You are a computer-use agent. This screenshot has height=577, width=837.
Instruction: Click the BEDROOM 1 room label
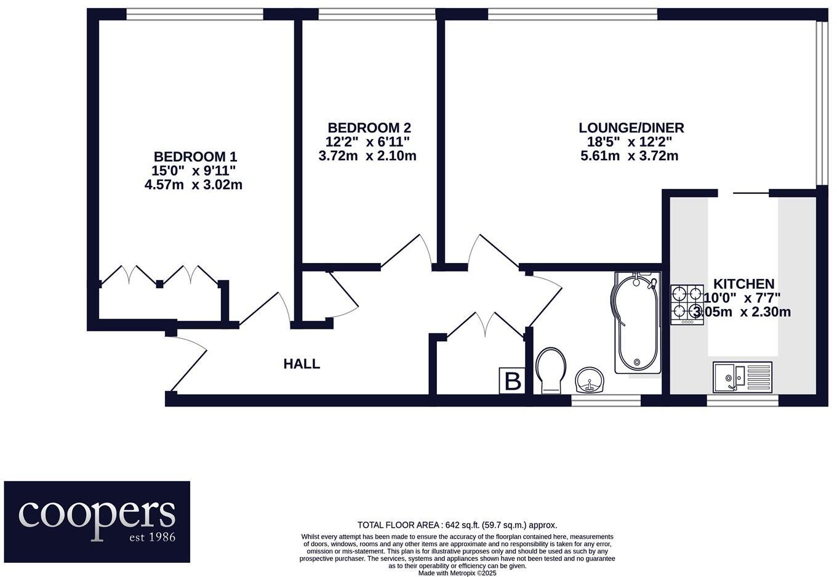195,156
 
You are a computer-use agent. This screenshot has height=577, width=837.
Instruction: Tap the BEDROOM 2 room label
369,127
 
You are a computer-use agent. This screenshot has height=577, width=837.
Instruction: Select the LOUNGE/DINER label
631,127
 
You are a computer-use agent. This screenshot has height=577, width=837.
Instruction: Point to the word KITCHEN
743,284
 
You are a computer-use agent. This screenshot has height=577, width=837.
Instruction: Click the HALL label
302,364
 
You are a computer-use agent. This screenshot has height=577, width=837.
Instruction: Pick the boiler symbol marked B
512,381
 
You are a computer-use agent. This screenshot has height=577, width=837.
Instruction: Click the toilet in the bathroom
551,369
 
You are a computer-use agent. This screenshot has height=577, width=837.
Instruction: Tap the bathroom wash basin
591,379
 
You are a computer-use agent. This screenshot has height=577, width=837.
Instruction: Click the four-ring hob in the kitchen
687,304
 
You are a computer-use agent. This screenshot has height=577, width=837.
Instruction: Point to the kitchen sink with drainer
742,376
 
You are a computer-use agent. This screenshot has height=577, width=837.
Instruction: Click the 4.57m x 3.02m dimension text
193,184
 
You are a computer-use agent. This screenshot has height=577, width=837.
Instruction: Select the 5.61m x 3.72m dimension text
629,156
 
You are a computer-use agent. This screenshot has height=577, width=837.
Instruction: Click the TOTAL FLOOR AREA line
457,525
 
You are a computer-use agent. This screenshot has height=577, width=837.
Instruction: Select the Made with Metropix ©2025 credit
457,573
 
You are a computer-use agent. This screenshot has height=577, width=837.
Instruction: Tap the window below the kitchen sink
742,400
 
